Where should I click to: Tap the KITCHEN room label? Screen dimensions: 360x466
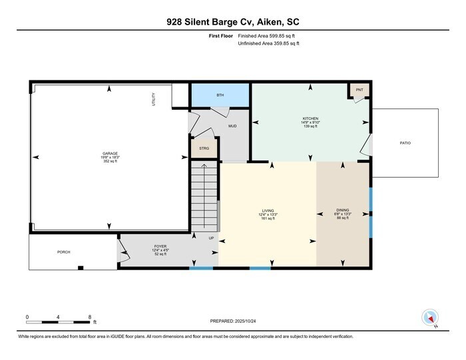(311, 118)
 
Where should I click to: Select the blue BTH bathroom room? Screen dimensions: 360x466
(220, 96)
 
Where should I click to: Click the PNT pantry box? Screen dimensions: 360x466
(359, 90)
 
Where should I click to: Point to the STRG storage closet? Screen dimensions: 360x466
(204, 149)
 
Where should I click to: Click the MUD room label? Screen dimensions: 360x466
(232, 126)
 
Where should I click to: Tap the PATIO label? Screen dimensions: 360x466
(405, 143)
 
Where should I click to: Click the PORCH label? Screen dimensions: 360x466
(64, 252)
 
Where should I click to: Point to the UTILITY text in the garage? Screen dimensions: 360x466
(152, 100)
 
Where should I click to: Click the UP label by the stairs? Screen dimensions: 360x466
(211, 238)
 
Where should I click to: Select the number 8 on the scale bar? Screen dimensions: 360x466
(89, 317)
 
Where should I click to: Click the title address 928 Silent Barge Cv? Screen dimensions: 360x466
(232, 22)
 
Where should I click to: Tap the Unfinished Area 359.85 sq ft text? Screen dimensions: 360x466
(269, 43)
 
